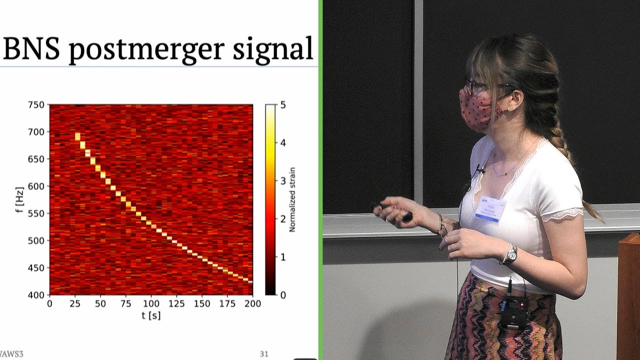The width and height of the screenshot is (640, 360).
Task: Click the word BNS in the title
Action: click(x=31, y=48)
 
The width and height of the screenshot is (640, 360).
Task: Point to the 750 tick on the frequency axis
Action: click(x=37, y=105)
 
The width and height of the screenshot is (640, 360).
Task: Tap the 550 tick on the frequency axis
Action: click(x=37, y=213)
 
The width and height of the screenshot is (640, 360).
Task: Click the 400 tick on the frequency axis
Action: click(x=37, y=295)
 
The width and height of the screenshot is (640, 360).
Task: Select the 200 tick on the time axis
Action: click(x=252, y=304)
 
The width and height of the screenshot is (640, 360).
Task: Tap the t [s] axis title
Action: click(x=150, y=315)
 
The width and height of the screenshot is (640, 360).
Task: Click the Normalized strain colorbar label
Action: click(x=292, y=199)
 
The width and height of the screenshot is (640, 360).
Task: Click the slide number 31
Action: click(x=264, y=354)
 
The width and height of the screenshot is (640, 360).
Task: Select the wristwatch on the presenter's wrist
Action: click(x=510, y=254)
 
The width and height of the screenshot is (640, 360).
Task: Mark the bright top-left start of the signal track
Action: click(x=77, y=135)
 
